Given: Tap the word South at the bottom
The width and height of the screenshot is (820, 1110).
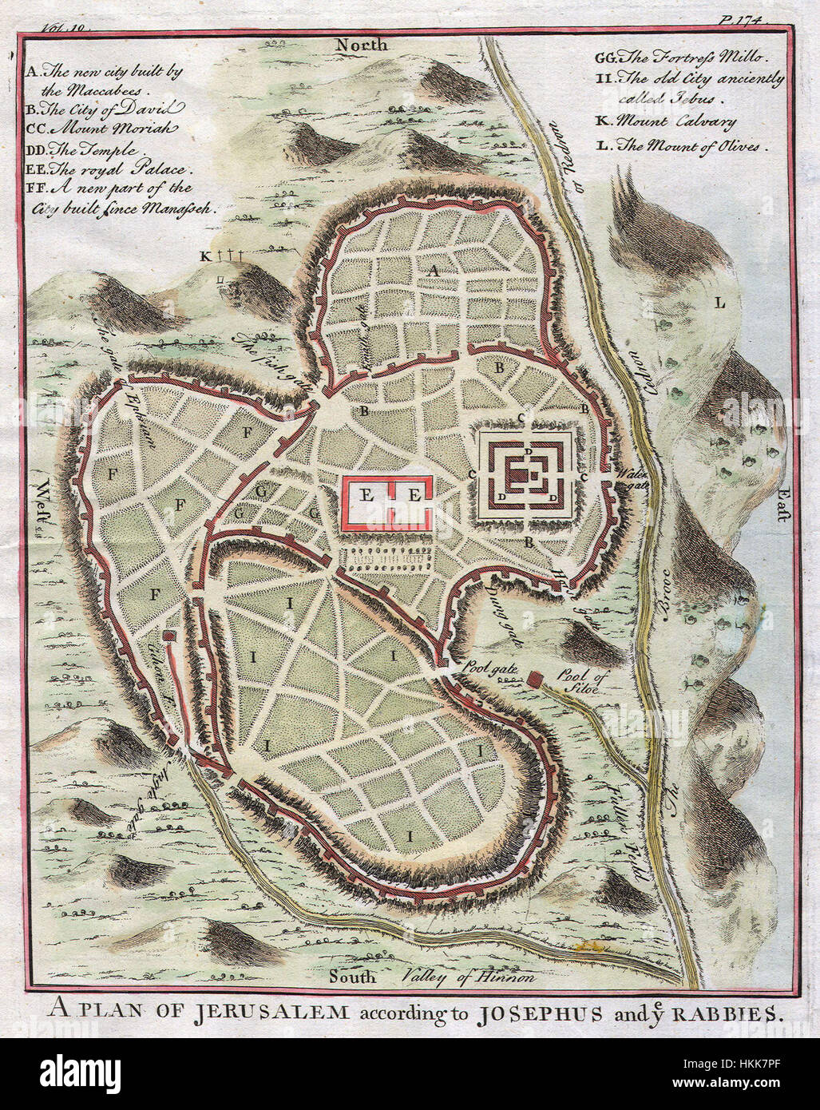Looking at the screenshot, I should coord(352,976).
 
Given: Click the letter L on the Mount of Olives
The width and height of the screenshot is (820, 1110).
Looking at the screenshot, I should coord(719,303).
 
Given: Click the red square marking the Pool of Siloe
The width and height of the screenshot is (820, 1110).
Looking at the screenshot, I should coord(534,680).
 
